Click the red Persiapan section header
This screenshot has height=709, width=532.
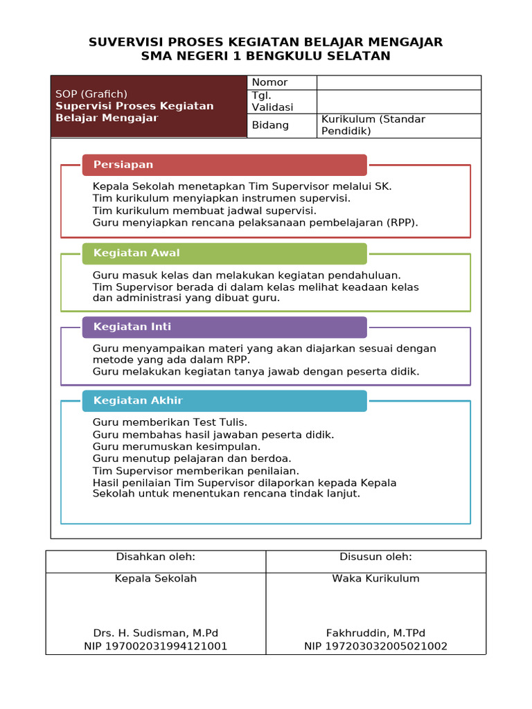[224, 165]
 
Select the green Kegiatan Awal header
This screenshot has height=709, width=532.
[224, 253]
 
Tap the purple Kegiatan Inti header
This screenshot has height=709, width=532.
[224, 327]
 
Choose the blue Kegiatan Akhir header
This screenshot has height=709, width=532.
[224, 401]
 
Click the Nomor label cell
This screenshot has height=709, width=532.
[281, 82]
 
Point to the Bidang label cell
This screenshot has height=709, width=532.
[281, 125]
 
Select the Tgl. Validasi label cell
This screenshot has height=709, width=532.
[281, 101]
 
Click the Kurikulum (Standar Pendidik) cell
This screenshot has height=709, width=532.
[398, 125]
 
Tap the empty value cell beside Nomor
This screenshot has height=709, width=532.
[398, 82]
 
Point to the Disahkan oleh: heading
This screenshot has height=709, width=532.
[156, 557]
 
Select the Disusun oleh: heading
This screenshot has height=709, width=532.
[375, 557]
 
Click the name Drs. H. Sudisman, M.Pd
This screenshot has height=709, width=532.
[156, 633]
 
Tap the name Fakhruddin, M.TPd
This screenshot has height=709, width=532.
[375, 633]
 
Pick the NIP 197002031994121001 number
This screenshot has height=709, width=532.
[156, 646]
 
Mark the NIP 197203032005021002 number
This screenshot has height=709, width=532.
[375, 646]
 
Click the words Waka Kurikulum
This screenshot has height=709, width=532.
[375, 578]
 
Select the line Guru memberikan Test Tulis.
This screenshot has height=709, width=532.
[170, 422]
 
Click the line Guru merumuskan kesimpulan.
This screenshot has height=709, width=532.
[177, 447]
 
